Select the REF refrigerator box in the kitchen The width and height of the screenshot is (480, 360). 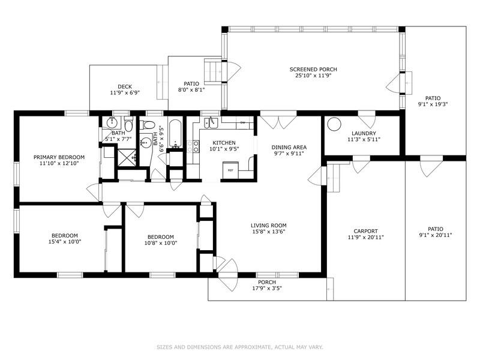[230, 170]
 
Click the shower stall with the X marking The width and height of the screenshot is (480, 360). [127, 158]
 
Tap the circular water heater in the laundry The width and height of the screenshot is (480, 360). [332, 124]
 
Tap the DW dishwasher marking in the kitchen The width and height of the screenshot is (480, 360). [243, 123]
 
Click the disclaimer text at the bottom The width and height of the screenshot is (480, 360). [240, 347]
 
